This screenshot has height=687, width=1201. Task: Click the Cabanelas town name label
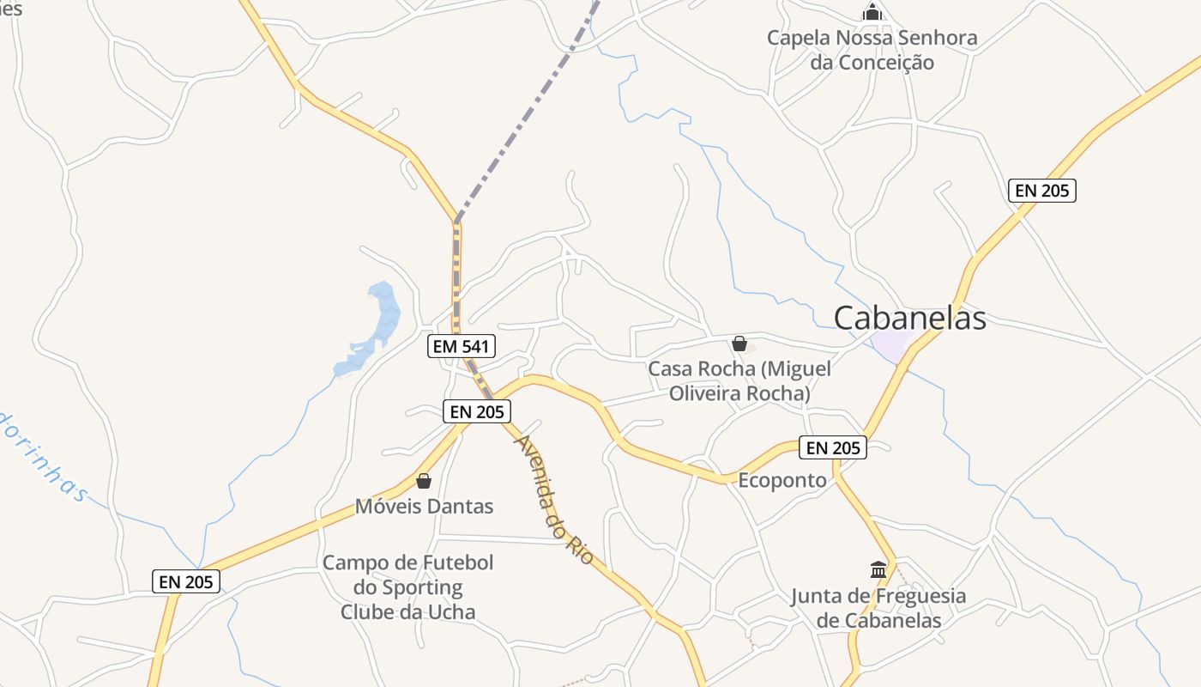(909, 318)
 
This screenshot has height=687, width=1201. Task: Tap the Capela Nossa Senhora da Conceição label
(872, 50)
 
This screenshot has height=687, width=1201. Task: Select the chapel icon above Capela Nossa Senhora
(872, 13)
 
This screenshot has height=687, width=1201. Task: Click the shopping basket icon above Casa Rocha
(739, 343)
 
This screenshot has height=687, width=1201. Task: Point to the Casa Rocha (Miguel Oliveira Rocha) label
(739, 381)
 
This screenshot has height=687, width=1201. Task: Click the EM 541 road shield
(462, 346)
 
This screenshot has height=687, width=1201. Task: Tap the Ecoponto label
(782, 480)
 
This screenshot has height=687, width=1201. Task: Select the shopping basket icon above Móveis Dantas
(424, 481)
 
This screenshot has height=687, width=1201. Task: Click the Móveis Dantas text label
(425, 506)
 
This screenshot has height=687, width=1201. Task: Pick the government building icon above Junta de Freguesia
(878, 569)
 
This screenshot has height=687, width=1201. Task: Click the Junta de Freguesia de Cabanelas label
(878, 608)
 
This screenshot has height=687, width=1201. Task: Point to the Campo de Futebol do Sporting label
(408, 587)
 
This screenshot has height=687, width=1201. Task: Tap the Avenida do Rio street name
(553, 499)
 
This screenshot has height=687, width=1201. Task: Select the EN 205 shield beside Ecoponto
(833, 447)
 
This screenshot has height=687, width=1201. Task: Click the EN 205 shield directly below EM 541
(477, 411)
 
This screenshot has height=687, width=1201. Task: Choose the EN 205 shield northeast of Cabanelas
(1042, 191)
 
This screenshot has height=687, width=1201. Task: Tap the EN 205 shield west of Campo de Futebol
(186, 581)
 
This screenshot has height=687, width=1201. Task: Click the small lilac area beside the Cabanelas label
(890, 345)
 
